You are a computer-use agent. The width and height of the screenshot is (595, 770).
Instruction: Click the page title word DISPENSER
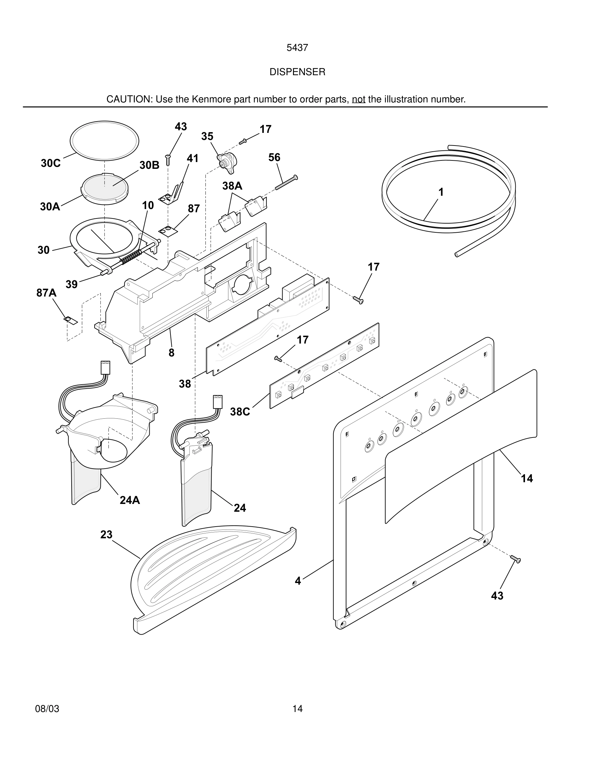(297, 72)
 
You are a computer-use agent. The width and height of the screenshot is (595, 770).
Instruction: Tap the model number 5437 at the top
(297, 48)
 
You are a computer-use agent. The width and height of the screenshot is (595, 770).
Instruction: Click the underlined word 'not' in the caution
(358, 99)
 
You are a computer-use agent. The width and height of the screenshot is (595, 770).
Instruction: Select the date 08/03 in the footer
(47, 709)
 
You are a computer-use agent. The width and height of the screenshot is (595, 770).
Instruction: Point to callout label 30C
(51, 163)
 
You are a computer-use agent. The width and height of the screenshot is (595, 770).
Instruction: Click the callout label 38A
(232, 186)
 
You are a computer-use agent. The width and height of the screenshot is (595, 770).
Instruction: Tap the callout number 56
(274, 157)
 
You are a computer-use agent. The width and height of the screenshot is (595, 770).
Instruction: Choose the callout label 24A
(130, 500)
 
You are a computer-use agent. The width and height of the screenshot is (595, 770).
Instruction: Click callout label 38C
(240, 412)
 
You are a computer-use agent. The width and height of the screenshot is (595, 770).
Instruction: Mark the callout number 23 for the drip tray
(106, 534)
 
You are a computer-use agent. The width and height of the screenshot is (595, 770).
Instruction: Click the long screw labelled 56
(286, 183)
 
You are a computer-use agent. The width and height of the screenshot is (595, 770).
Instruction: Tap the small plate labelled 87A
(71, 320)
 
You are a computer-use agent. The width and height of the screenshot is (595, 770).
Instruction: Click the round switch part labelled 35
(227, 163)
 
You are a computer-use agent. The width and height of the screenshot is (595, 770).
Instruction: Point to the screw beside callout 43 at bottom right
(515, 559)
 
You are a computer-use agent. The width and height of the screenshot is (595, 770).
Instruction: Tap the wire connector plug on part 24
(217, 402)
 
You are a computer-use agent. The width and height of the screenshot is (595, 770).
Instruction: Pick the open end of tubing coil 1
(457, 254)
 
